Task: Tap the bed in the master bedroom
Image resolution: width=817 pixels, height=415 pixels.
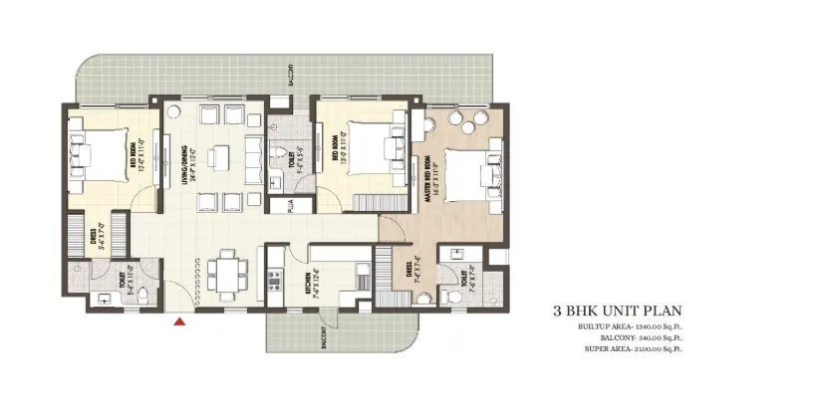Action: [x=466, y=173]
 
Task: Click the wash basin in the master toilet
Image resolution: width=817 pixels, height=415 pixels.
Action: [x=455, y=256]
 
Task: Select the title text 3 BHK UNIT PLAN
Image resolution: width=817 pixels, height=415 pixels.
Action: [x=618, y=311]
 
